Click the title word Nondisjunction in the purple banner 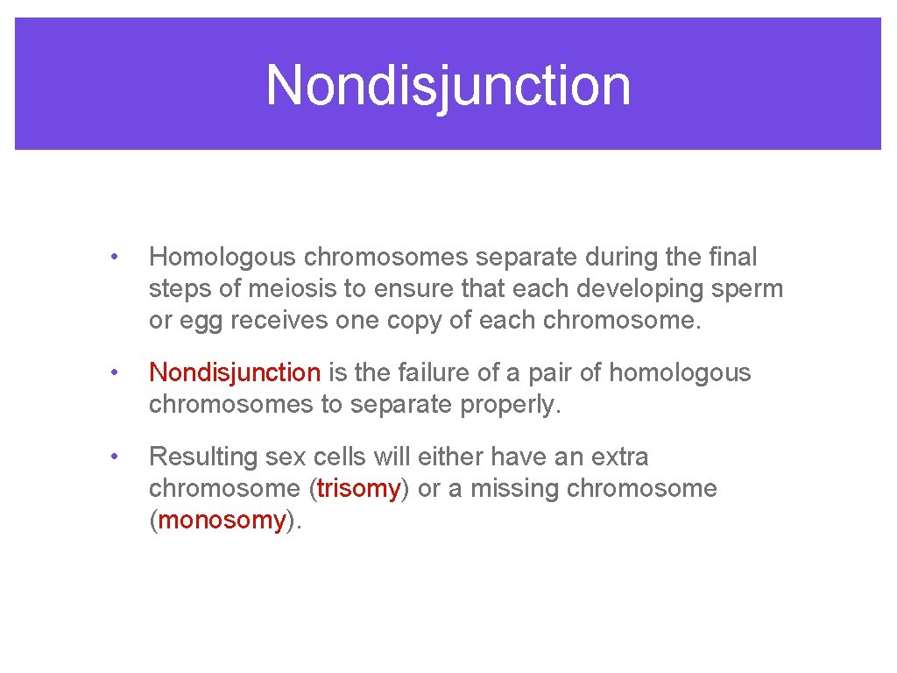[448, 85]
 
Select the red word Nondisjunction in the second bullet [235, 373]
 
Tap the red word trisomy [358, 489]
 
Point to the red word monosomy [222, 521]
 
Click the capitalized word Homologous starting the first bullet [222, 258]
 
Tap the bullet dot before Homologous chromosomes [113, 258]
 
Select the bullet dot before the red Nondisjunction [113, 373]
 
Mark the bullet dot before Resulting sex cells [113, 457]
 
